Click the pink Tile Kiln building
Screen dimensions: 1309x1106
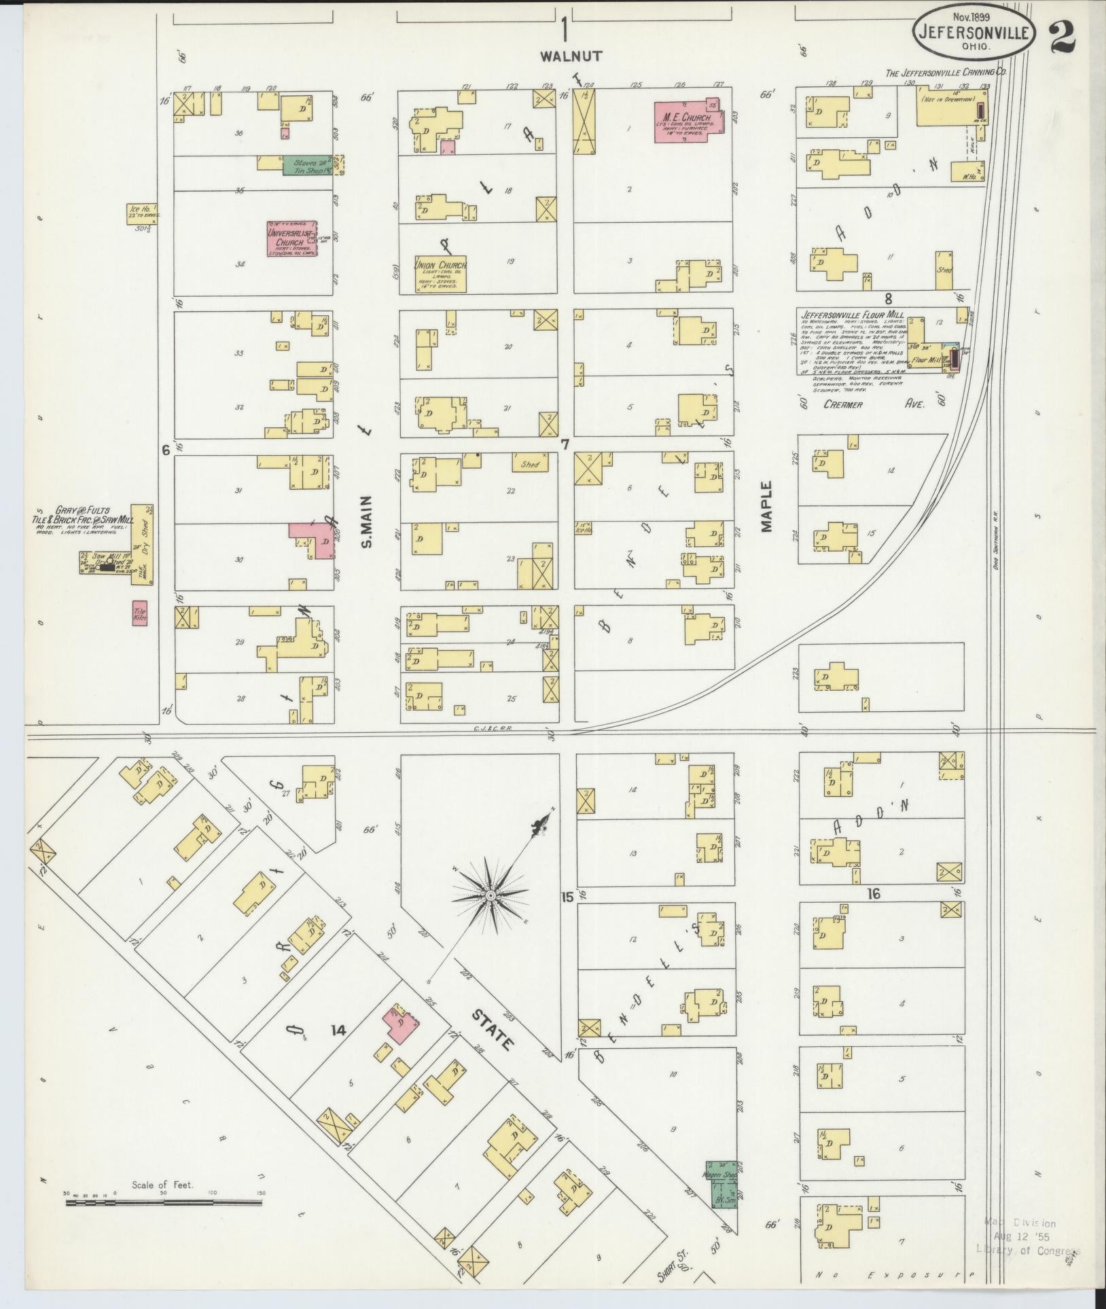click(x=139, y=613)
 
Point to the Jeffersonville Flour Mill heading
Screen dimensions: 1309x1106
click(x=852, y=315)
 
